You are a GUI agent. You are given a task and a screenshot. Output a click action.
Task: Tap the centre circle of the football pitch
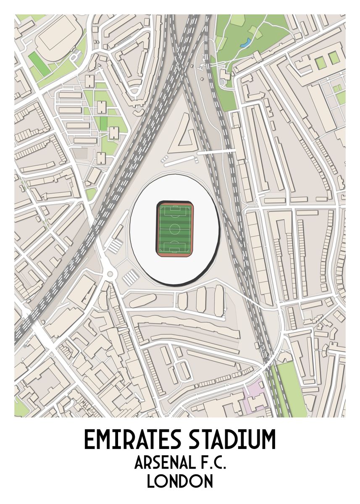point(175,229)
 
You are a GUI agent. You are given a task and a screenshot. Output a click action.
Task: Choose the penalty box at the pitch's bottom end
point(175,248)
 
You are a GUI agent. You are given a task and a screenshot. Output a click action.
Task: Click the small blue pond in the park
point(248,42)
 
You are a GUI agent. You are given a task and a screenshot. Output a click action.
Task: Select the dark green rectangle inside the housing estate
point(103,123)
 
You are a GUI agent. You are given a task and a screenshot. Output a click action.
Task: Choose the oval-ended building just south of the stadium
point(143,300)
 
